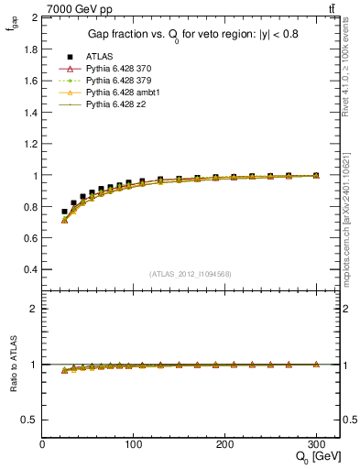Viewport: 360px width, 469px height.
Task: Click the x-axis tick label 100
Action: pyautogui.click(x=133, y=444)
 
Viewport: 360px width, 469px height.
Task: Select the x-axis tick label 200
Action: pyautogui.click(x=224, y=444)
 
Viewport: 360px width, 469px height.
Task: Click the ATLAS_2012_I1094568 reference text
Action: pyautogui.click(x=191, y=273)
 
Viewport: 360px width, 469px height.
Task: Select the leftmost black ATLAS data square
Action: pyautogui.click(x=64, y=212)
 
